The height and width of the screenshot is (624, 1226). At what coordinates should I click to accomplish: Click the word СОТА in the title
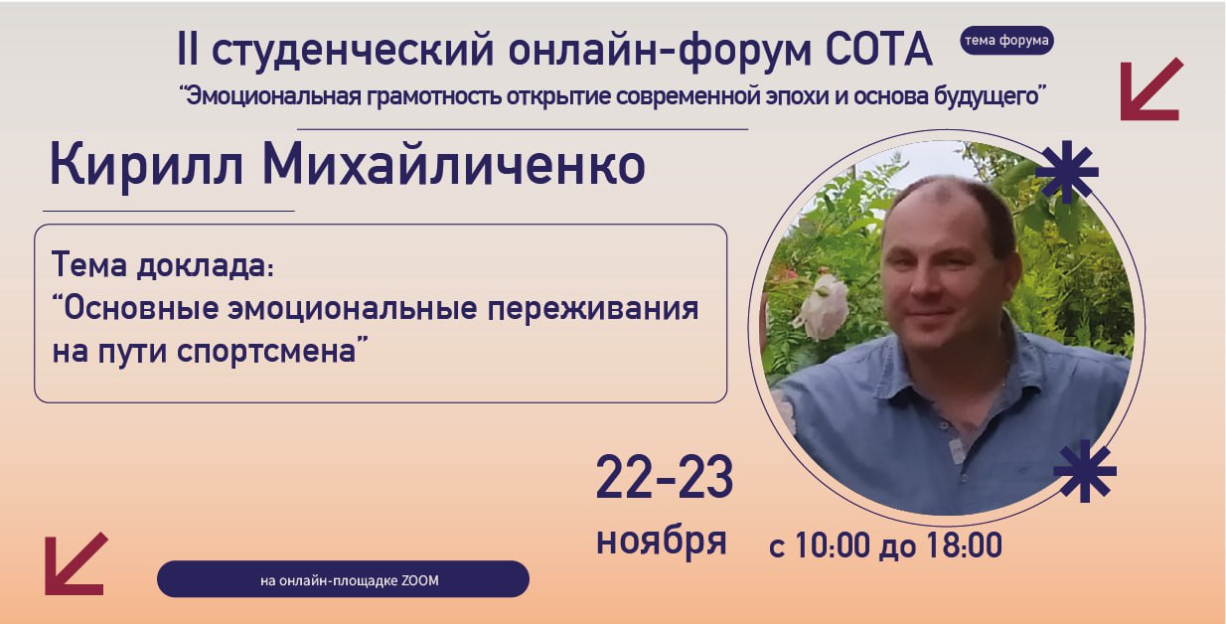[879, 49]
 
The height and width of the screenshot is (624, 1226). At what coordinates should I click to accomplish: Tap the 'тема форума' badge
[1006, 41]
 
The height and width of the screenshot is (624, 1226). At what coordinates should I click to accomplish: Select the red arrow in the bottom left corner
[76, 563]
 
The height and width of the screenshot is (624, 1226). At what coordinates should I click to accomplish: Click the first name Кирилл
[147, 165]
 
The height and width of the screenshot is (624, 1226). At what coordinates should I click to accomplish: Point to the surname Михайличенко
[453, 165]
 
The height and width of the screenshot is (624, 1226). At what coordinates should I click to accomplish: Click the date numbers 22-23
[665, 478]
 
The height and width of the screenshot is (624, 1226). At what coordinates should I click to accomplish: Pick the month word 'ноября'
[662, 541]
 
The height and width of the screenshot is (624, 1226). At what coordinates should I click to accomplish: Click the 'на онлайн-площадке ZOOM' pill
[343, 579]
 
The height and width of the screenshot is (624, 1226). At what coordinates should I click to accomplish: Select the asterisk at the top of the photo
[1066, 171]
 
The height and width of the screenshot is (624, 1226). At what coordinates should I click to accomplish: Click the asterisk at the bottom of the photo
[1084, 471]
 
